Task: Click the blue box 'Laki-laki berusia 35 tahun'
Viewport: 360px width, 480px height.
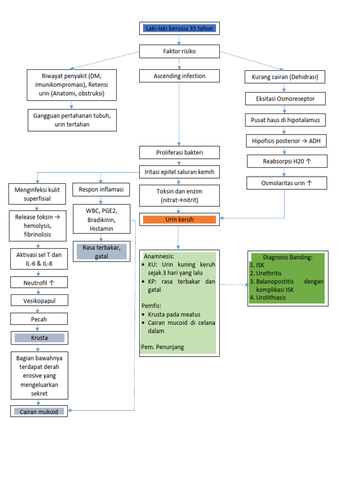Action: (x=179, y=29)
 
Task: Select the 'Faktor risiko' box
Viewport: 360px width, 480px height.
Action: (x=179, y=51)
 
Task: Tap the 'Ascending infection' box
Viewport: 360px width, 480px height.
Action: (x=179, y=76)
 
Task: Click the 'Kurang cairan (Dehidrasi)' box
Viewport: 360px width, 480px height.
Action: (x=285, y=77)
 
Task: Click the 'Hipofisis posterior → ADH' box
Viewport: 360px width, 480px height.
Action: (x=286, y=141)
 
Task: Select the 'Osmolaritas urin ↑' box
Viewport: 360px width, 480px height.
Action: (x=286, y=183)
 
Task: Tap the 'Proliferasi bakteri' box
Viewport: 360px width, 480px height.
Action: (x=179, y=153)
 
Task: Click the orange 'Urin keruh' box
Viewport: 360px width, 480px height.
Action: (x=179, y=219)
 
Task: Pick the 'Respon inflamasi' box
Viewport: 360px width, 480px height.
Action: (x=101, y=190)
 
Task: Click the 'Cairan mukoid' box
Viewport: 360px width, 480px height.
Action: (x=39, y=412)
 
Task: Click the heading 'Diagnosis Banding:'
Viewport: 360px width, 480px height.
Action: (x=287, y=257)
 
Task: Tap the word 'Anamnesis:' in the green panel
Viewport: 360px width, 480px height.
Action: (x=158, y=256)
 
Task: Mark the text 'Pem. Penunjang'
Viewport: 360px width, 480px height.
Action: (x=163, y=347)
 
